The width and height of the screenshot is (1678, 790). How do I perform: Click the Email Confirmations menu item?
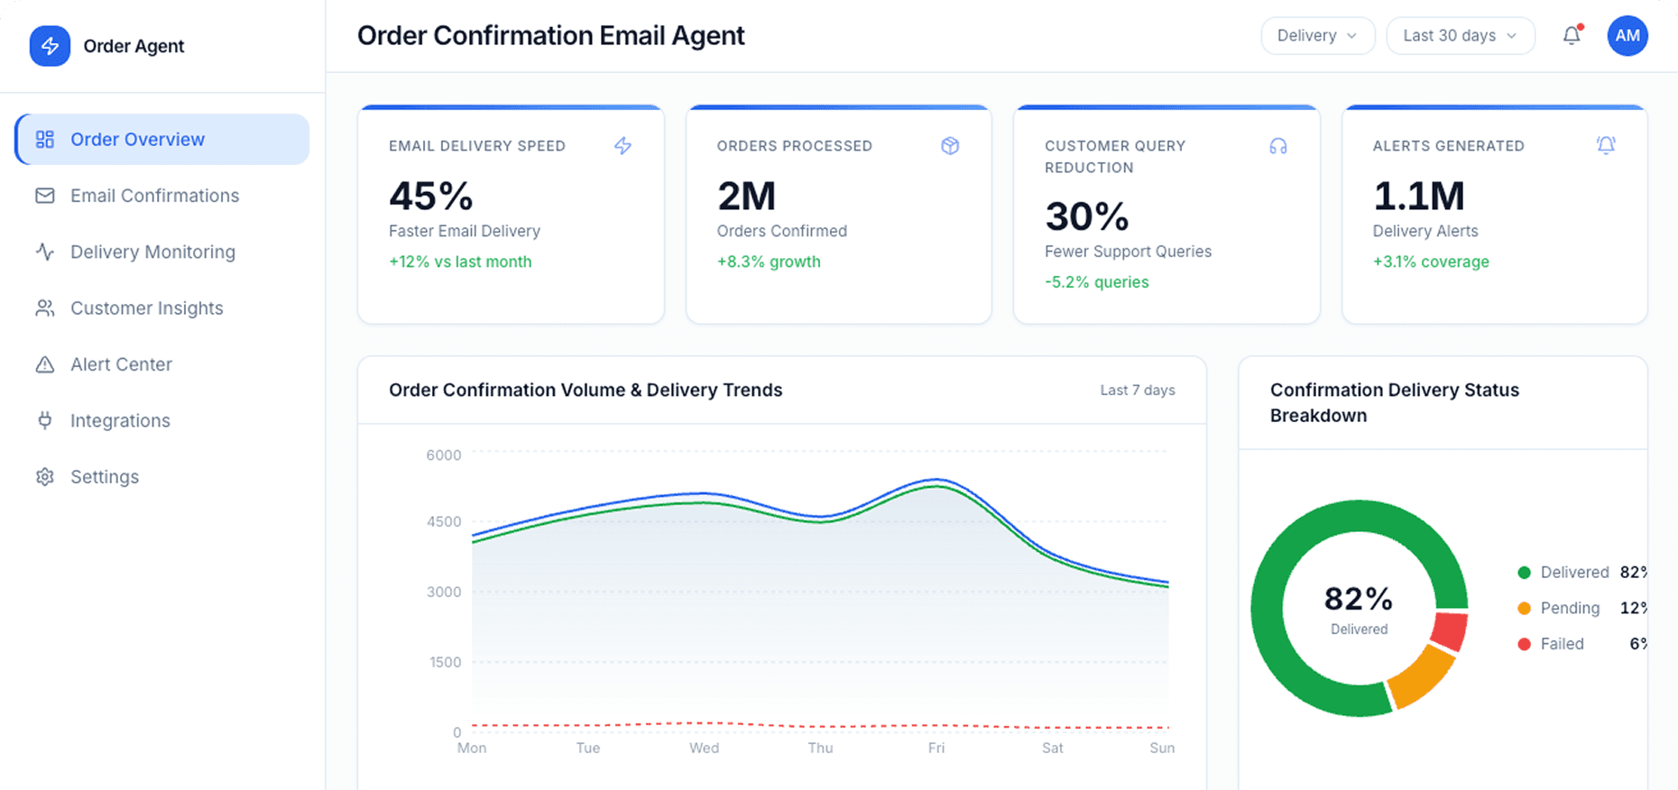click(154, 196)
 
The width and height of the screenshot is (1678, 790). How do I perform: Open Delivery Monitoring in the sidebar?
click(152, 252)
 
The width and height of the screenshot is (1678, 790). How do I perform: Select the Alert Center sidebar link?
click(121, 364)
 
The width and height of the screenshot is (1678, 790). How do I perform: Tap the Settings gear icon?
click(45, 477)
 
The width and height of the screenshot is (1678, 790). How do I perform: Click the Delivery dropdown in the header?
click(1317, 36)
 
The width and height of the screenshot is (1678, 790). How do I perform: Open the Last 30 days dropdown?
click(1460, 36)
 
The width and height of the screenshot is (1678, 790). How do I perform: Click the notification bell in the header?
click(1572, 36)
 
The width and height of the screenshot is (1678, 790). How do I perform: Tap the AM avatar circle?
click(1627, 36)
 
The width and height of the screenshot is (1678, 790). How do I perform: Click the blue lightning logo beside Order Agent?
click(50, 46)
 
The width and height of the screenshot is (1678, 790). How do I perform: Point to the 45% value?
click(431, 197)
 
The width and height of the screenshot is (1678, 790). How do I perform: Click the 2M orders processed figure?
click(746, 197)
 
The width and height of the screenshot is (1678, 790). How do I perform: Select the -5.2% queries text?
click(1096, 282)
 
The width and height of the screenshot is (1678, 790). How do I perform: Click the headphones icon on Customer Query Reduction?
click(1277, 146)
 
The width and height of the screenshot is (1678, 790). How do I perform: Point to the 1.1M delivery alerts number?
click(1418, 197)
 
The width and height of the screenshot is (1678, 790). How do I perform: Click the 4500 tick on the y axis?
click(443, 521)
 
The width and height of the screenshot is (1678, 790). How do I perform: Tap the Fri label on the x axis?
click(936, 748)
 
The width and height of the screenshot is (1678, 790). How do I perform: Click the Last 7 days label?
click(1137, 390)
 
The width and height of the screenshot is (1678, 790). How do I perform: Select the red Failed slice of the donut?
click(1450, 630)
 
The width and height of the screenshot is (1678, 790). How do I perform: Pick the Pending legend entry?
click(1570, 608)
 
